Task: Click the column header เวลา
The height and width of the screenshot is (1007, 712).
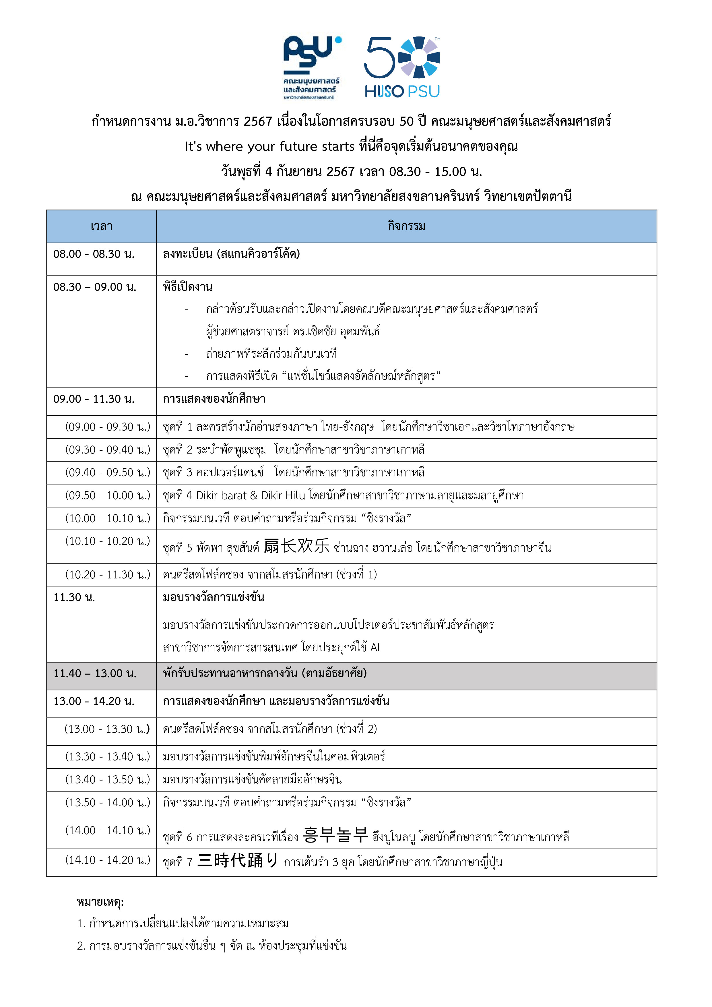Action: [x=101, y=226]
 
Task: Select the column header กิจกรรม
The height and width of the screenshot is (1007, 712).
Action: [x=406, y=226]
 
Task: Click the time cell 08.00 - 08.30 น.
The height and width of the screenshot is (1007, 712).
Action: [x=94, y=254]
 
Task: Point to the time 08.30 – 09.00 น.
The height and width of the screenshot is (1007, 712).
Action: [x=95, y=287]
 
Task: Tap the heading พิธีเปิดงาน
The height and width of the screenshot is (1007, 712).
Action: [x=188, y=287]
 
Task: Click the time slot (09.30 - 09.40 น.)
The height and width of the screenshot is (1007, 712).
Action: [x=107, y=450]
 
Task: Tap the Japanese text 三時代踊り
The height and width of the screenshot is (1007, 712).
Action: [x=237, y=861]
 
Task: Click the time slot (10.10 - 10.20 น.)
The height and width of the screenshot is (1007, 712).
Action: [x=107, y=541]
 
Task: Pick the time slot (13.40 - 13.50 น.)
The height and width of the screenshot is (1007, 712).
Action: [x=107, y=779]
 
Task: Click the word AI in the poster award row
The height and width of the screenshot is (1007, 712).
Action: [x=375, y=647]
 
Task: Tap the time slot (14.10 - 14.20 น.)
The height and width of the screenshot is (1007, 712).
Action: [x=107, y=860]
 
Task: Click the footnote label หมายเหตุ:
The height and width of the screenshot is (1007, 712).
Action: [x=100, y=902]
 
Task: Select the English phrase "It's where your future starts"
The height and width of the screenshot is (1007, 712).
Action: [x=269, y=146]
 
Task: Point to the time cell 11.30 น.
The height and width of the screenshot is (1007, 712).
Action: [x=74, y=597]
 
